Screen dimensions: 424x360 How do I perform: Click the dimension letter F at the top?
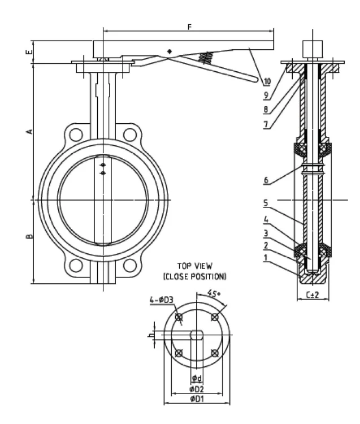[188, 26]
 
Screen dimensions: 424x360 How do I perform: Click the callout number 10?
[267, 81]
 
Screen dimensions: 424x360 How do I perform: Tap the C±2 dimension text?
[313, 295]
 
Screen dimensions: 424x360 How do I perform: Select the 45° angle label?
[214, 293]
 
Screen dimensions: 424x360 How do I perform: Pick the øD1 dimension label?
[197, 399]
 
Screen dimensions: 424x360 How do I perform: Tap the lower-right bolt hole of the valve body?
[131, 265]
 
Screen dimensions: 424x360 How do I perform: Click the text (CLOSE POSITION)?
[194, 276]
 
